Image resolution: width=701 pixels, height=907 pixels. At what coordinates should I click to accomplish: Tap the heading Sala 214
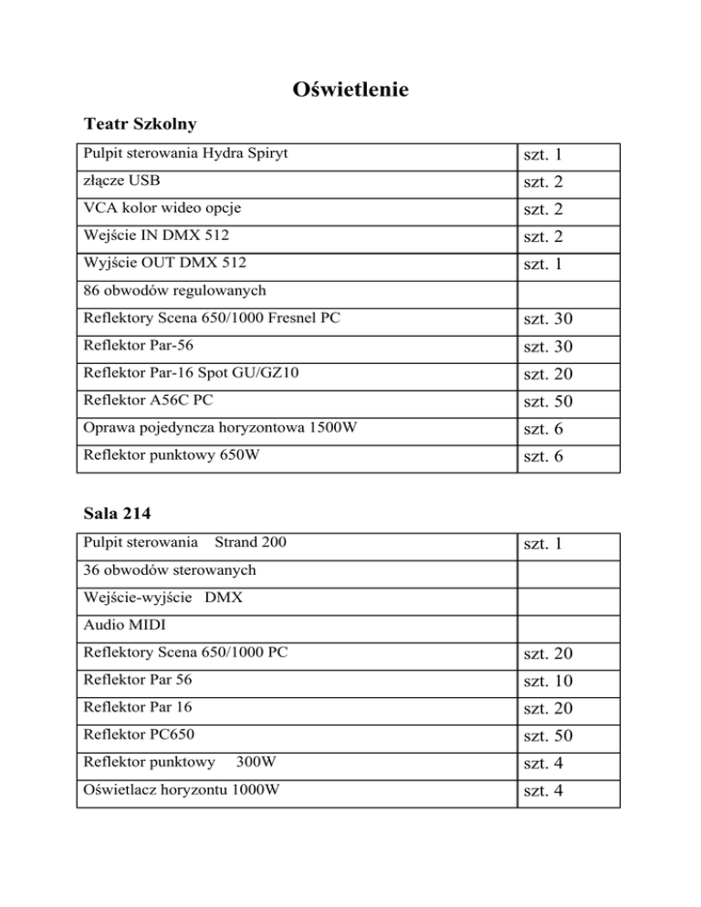click(121, 513)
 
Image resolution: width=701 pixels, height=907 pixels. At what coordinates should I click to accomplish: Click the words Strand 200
click(249, 543)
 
